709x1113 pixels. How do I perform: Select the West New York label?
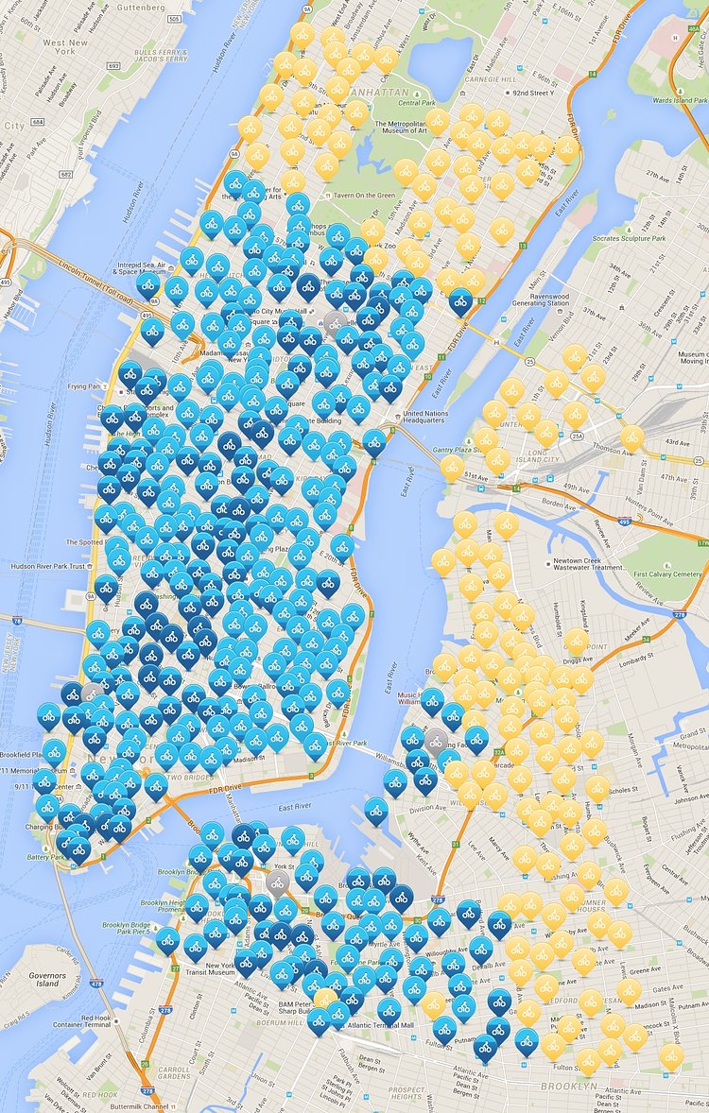click(x=65, y=49)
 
